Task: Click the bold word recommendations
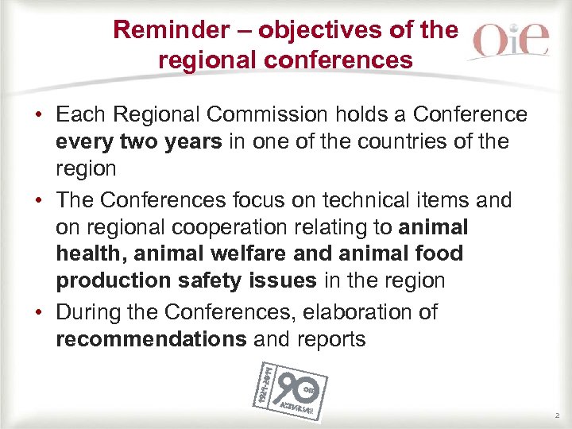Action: click(x=151, y=340)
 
